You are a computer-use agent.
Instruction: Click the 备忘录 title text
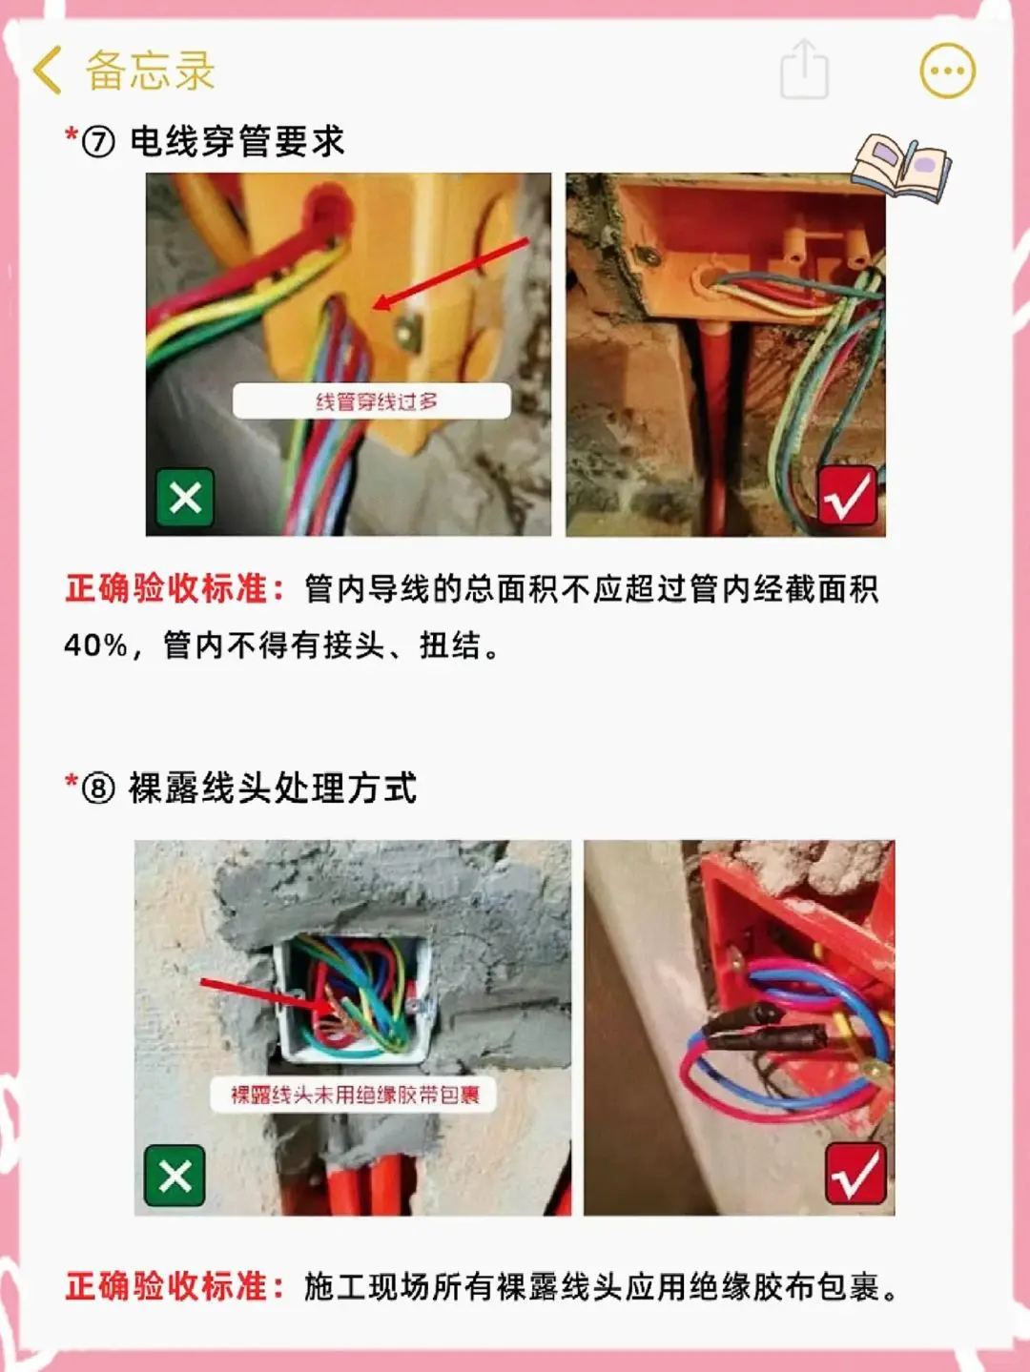point(150,70)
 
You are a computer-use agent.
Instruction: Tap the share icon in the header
point(804,70)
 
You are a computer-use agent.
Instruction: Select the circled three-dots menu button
point(947,71)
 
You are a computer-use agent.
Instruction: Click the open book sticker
point(902,167)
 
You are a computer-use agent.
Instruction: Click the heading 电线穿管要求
point(237,141)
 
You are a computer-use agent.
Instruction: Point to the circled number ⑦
point(98,141)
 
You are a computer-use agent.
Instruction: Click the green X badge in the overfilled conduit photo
point(185,497)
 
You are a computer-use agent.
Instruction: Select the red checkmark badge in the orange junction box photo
point(847,495)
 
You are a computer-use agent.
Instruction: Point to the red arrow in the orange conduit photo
point(450,274)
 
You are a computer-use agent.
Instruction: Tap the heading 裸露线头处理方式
point(273,788)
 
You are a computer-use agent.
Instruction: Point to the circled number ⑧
point(98,788)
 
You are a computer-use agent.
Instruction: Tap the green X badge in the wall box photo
point(175,1175)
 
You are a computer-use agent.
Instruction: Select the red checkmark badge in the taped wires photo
point(855,1174)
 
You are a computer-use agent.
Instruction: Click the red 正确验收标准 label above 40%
point(175,589)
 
